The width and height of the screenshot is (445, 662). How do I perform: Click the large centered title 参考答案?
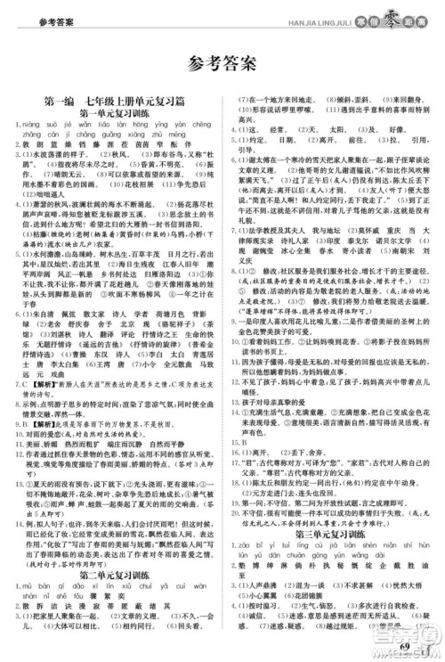[x=222, y=62]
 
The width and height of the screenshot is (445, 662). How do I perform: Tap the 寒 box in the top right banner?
[x=357, y=20]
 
